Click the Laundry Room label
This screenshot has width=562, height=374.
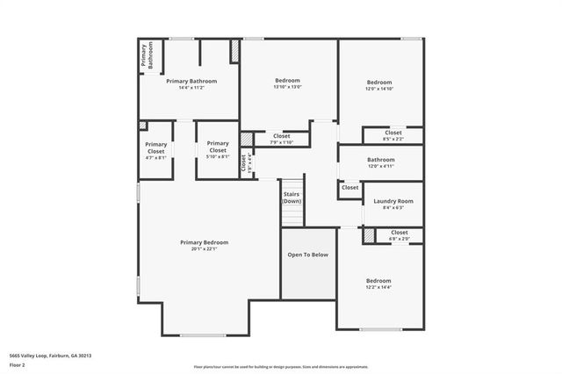click(393, 201)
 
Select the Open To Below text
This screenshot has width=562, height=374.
click(307, 255)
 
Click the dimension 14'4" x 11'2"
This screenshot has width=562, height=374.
click(191, 88)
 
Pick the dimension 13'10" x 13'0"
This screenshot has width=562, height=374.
click(288, 87)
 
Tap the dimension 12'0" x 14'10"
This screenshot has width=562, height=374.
click(379, 89)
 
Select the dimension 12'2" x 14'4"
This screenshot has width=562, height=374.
click(379, 287)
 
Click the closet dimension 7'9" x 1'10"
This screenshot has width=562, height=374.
click(281, 142)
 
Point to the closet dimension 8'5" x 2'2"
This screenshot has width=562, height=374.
click(393, 139)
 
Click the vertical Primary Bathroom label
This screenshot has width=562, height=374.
click(147, 55)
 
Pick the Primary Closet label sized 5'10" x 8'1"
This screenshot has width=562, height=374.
click(217, 147)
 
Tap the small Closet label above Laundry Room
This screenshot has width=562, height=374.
click(349, 187)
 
